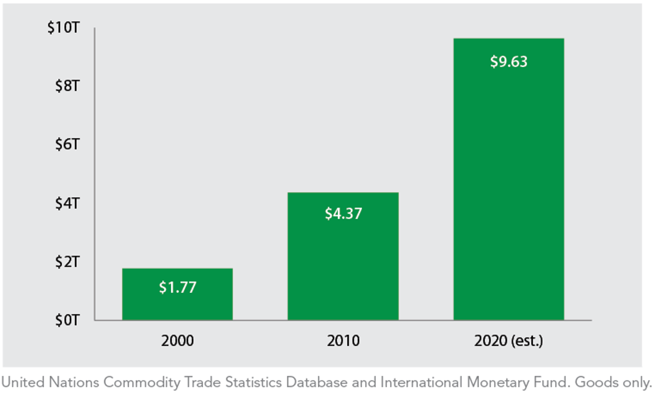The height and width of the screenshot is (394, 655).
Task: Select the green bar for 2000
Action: click(177, 305)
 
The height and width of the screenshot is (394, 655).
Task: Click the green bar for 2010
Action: click(343, 265)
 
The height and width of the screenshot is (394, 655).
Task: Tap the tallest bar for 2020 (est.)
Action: click(509, 186)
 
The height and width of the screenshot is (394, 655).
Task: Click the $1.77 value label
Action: click(177, 287)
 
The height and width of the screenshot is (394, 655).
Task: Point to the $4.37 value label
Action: click(343, 214)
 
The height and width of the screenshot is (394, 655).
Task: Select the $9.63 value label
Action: click(509, 61)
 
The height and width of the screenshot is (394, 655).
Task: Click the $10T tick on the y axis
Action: click(63, 27)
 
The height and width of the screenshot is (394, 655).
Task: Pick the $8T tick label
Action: click(67, 86)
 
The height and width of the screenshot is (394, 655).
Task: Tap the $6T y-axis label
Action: click(67, 144)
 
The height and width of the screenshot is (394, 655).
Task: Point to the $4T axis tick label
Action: click(67, 203)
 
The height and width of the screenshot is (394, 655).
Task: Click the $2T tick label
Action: click(67, 262)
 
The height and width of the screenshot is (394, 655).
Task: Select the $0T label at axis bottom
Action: click(67, 320)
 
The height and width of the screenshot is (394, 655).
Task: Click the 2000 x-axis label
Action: click(177, 340)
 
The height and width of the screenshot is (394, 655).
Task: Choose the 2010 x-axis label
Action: click(343, 340)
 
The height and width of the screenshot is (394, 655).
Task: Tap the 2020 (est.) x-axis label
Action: click(509, 340)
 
